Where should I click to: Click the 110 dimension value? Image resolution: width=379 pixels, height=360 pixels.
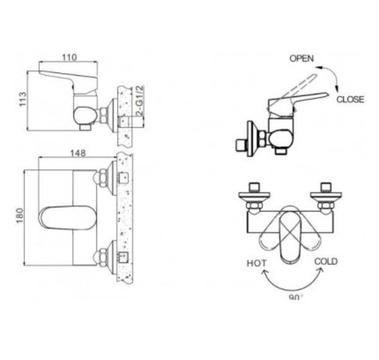click(69, 57)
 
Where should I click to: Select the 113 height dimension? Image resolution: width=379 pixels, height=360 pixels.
click(22, 99)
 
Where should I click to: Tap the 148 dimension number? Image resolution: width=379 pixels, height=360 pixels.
click(78, 153)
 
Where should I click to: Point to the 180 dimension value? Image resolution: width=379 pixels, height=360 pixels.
click(20, 216)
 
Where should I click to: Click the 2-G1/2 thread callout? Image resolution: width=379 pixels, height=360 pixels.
click(140, 101)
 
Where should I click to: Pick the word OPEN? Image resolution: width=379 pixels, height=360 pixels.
click(301, 58)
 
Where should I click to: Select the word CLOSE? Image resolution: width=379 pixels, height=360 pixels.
click(350, 99)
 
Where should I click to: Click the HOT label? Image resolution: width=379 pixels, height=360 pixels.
click(257, 263)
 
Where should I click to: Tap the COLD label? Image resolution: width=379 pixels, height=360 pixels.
click(326, 262)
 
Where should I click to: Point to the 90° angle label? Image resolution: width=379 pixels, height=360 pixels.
click(296, 297)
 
